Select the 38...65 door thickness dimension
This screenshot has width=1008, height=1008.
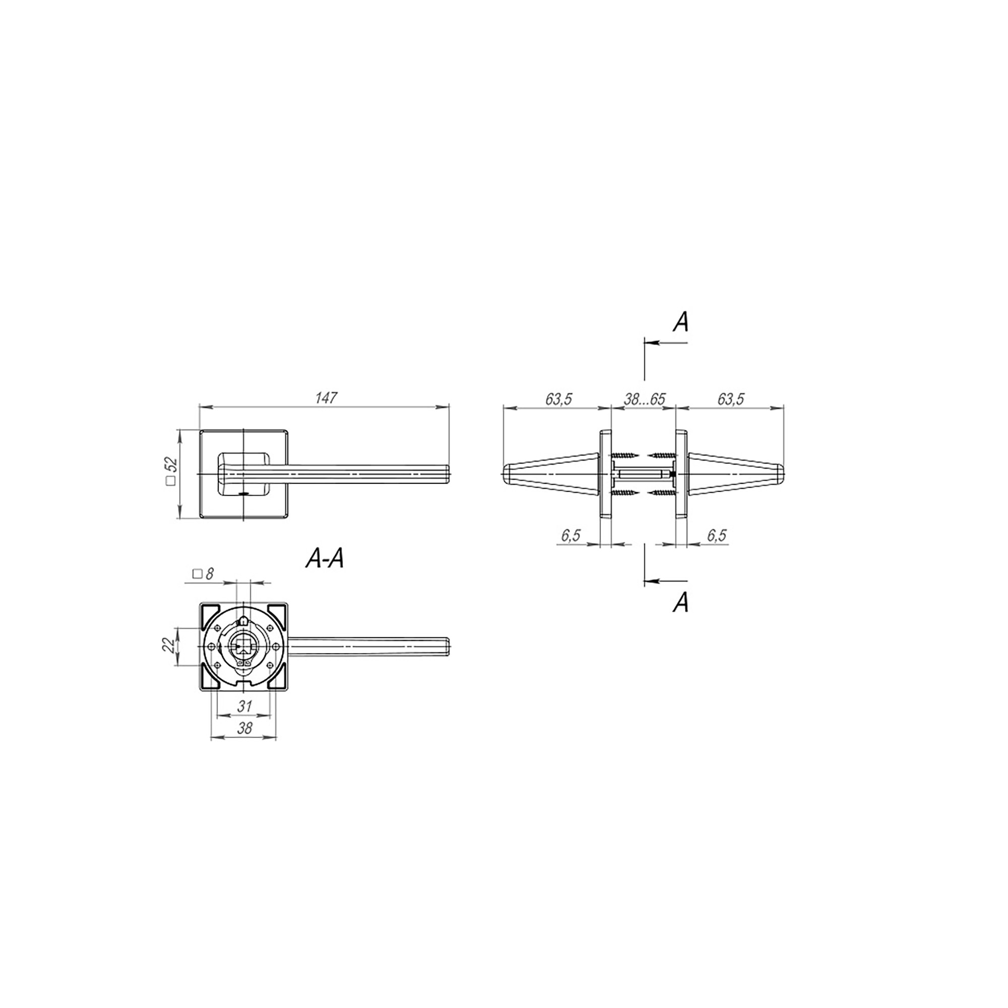coord(644,399)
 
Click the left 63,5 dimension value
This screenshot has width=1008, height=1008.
coord(559,399)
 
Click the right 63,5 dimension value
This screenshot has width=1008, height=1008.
coord(730,399)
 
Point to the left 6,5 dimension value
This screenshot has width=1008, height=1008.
coord(571,536)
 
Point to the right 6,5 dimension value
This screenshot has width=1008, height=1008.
coord(717,536)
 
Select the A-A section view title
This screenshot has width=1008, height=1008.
coord(325,560)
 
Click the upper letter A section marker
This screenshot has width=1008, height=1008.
coord(680,323)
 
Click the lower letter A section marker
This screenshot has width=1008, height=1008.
coord(680,603)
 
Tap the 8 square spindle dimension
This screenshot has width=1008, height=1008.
coord(204,574)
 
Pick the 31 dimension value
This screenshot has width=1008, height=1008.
coord(244,707)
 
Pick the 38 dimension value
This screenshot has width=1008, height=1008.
coord(244,728)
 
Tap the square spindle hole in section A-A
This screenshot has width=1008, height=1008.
coord(242,647)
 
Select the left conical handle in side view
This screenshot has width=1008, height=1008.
coord(550,473)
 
